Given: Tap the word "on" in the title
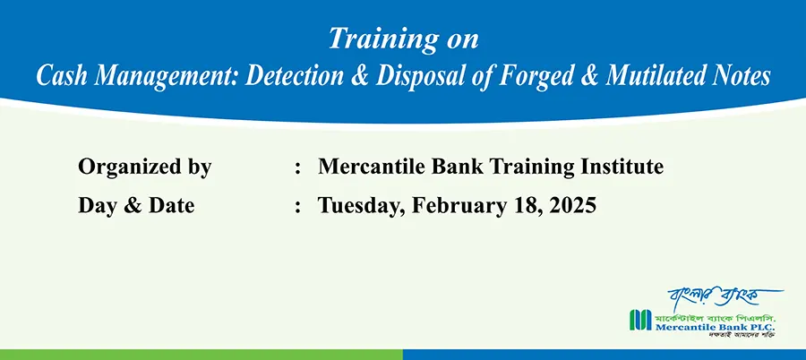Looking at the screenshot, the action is (461, 41).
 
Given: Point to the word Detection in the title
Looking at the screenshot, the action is (294, 76).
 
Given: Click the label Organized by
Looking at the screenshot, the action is (144, 167).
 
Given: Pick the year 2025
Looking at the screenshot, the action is (572, 205).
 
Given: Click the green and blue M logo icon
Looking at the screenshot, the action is (640, 320).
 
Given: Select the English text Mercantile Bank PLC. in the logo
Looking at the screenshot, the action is (715, 327).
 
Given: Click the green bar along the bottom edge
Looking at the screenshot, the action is (201, 355).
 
